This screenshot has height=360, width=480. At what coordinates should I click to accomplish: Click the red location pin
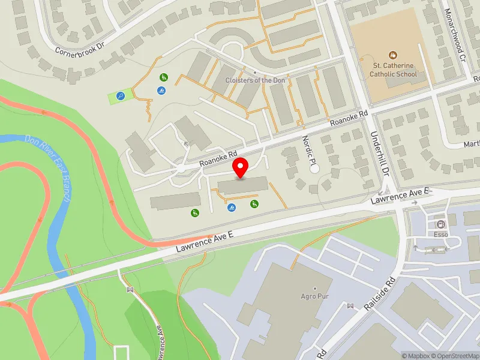(x=241, y=167)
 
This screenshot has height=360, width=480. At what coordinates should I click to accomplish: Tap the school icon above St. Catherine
(x=393, y=55)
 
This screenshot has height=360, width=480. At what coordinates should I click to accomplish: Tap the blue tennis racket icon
(x=121, y=96)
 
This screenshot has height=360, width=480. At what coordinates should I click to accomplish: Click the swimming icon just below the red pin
(x=232, y=207)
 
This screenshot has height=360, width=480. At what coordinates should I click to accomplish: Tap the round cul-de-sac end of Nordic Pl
(x=315, y=169)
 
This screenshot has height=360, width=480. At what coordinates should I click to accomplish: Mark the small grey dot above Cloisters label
(x=255, y=73)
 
